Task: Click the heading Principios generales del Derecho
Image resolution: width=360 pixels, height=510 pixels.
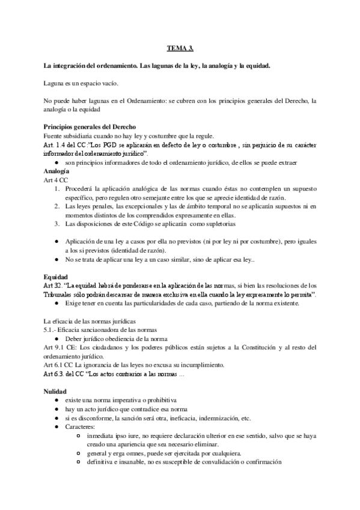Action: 90,127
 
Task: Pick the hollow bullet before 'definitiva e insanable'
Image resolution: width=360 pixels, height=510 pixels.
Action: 80,462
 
